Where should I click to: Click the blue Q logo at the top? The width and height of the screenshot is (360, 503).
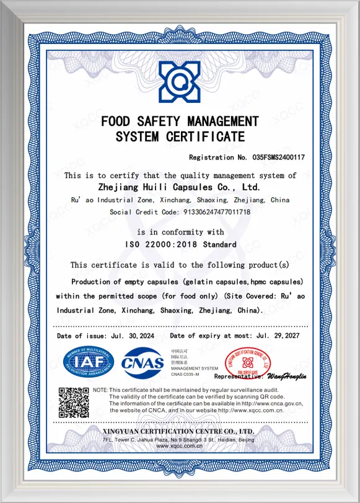[180, 82]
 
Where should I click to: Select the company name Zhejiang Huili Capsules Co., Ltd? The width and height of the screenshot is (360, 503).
[179, 185]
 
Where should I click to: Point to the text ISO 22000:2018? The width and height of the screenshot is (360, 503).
[164, 244]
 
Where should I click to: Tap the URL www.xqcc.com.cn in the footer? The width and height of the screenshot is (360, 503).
[179, 446]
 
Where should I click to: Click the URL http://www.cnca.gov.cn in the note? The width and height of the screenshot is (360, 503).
[270, 403]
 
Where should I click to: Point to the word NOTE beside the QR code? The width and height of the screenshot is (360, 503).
[100, 389]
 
